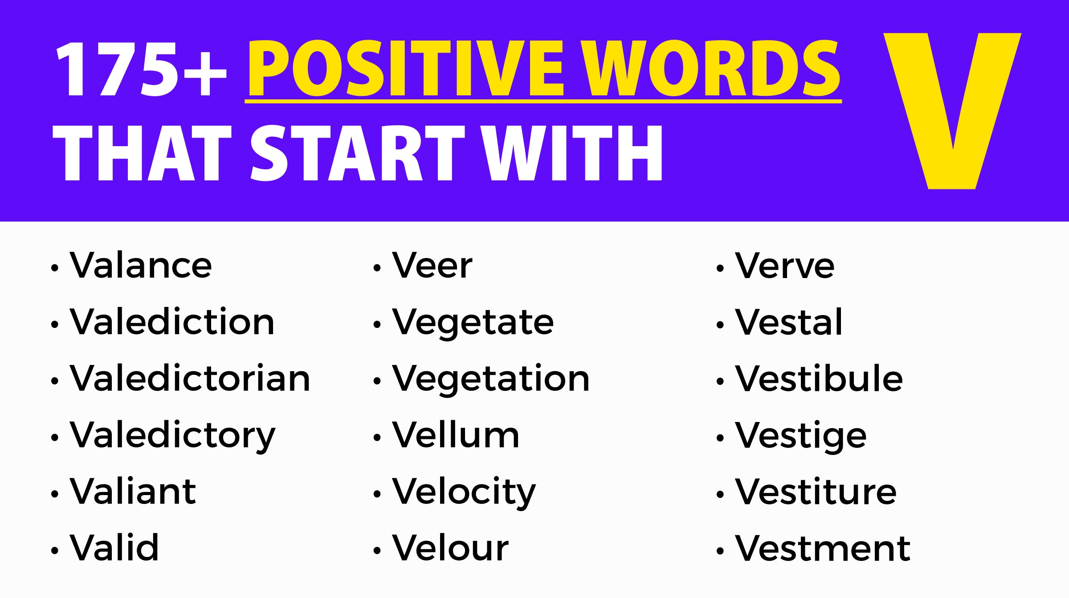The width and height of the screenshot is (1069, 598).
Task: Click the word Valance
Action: point(141,266)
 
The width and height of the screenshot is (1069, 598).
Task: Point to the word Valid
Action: point(114,548)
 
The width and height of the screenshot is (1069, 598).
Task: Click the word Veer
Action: point(432,266)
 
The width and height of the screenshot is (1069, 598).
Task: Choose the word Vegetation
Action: point(491,379)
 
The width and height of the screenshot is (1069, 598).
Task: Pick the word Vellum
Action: point(456,435)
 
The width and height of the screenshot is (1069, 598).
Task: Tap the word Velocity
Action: point(464,492)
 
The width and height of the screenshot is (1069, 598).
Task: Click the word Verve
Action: point(785,266)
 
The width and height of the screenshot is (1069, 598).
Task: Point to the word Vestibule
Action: point(819,379)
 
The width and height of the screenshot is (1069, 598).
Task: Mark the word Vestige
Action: point(801,436)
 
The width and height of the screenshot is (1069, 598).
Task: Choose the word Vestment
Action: point(823,549)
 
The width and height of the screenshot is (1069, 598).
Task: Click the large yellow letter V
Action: point(952,111)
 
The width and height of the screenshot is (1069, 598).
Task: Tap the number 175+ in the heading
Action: point(141,69)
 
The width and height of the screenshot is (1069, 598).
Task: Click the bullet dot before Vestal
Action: point(720,325)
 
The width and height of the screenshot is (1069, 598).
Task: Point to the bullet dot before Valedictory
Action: point(54,438)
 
